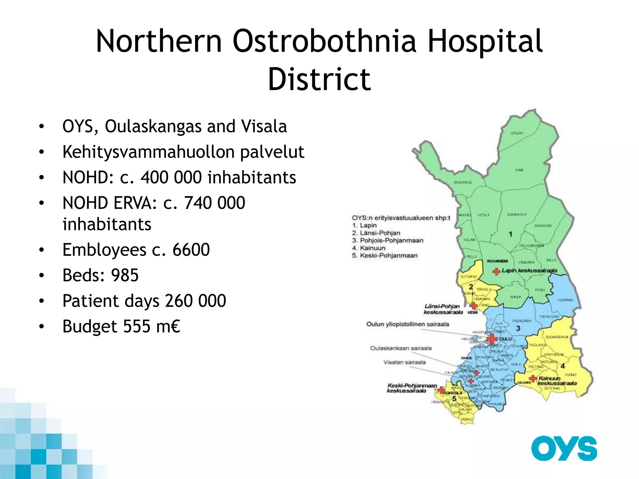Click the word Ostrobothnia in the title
(x=324, y=41)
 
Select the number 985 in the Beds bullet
(x=124, y=275)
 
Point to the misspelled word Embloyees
(x=104, y=250)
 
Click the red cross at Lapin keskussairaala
(x=496, y=272)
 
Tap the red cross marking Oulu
(x=492, y=339)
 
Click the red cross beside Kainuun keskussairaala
(x=533, y=379)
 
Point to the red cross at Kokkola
(x=441, y=390)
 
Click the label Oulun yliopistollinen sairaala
(x=407, y=324)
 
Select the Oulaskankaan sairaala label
(x=401, y=348)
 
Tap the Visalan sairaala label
(x=404, y=362)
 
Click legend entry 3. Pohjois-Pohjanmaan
(x=388, y=240)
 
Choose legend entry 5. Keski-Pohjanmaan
(x=385, y=256)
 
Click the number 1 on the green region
(x=510, y=234)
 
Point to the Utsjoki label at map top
(x=517, y=133)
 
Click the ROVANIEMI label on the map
(x=497, y=261)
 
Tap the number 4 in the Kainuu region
(x=563, y=366)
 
